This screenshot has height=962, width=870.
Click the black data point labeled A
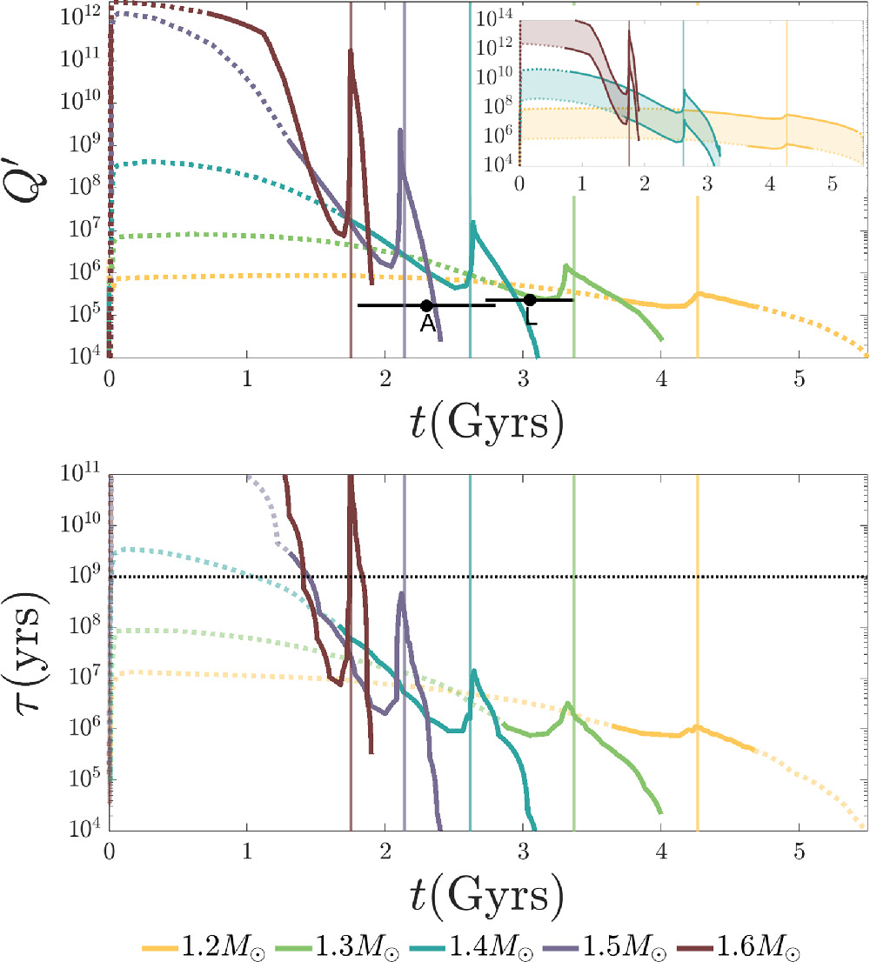[426, 305]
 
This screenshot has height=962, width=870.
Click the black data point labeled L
[529, 300]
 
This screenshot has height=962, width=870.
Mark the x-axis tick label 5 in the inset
[833, 184]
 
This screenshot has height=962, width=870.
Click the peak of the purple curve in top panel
[400, 130]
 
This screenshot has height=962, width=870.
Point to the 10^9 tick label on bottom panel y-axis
[84, 576]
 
